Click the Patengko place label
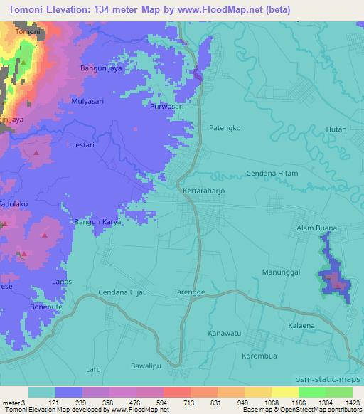point(226,128)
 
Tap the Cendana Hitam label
point(272,174)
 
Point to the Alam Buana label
point(316,228)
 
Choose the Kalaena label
point(301,324)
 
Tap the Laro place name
point(93,370)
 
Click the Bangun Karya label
point(98,222)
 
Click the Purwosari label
point(168,107)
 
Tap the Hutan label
point(336,129)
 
